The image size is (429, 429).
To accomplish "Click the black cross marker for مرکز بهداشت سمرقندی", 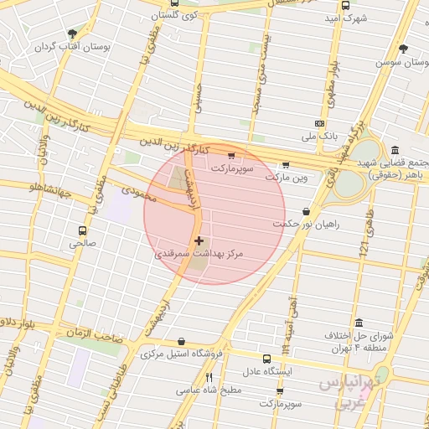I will tap(198, 241).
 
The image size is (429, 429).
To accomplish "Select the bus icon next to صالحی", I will tap(82, 230).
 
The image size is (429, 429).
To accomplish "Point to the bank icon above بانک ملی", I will tap(318, 122).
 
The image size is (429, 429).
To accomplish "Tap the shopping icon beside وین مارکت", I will tap(287, 165).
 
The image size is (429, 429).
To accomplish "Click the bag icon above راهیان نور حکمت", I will tap(306, 212).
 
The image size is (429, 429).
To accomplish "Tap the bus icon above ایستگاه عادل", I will tap(266, 359).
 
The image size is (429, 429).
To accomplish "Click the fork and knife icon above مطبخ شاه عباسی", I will tap(209, 378).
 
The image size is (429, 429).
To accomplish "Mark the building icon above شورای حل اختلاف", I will tap(359, 323).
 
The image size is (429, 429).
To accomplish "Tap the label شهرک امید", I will tap(345, 18).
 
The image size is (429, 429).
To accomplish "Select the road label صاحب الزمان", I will tap(96, 334).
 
